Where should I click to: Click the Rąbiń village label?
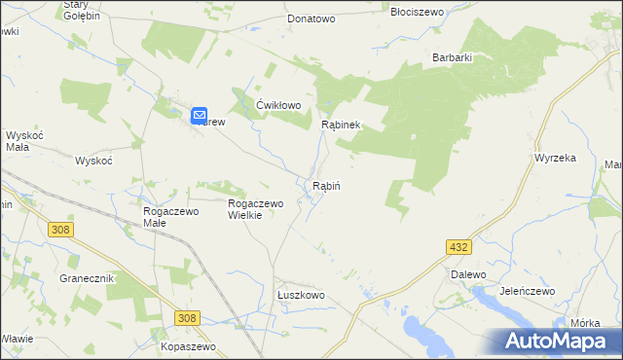click(326, 185)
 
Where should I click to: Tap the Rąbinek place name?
click(342, 125)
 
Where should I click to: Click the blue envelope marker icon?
click(199, 114)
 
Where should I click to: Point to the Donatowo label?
click(311, 18)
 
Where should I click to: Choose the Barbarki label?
click(453, 57)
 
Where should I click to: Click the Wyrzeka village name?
click(556, 157)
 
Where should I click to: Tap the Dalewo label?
click(467, 275)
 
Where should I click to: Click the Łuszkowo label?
click(300, 295)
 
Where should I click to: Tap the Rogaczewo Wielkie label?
click(254, 209)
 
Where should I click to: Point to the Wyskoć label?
click(94, 160)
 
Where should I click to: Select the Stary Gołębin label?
click(80, 11)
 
